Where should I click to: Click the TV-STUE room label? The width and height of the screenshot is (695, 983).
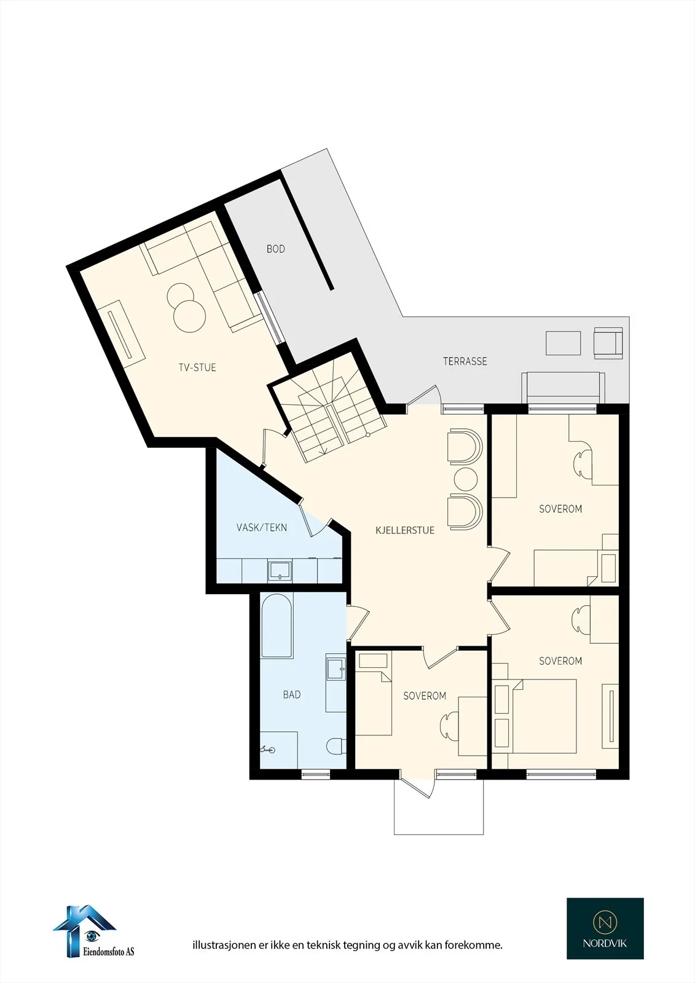click(197, 368)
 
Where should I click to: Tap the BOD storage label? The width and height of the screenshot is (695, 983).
click(276, 249)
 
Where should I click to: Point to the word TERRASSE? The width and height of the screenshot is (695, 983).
click(465, 361)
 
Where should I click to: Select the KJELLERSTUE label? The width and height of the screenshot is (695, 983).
click(405, 530)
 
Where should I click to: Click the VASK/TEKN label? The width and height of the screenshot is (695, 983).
click(262, 528)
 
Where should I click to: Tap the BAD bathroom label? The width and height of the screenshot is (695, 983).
click(292, 695)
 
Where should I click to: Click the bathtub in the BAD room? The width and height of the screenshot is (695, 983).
click(277, 626)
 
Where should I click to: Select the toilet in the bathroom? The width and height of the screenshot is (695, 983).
click(336, 746)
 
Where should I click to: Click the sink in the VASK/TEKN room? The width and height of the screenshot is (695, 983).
click(280, 571)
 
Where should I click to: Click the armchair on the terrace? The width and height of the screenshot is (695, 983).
click(608, 343)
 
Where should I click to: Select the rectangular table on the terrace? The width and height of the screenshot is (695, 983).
click(563, 343)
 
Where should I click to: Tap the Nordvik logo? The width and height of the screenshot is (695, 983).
click(605, 927)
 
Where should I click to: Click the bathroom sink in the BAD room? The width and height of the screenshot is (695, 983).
click(336, 667)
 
